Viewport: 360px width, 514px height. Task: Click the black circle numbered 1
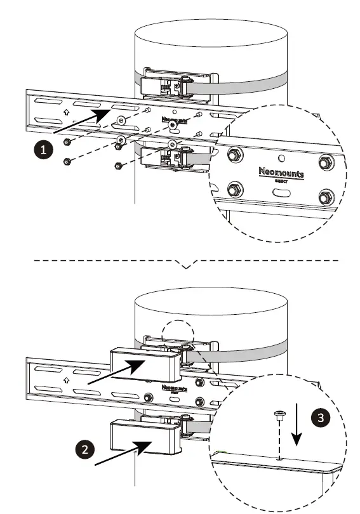pos(43,149)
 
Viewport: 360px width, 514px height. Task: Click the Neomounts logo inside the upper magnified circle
pos(281,173)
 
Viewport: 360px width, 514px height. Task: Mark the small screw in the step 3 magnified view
pos(278,416)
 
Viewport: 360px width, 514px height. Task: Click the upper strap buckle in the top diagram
pos(166,84)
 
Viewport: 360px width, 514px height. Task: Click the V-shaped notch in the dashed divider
pos(186,265)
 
